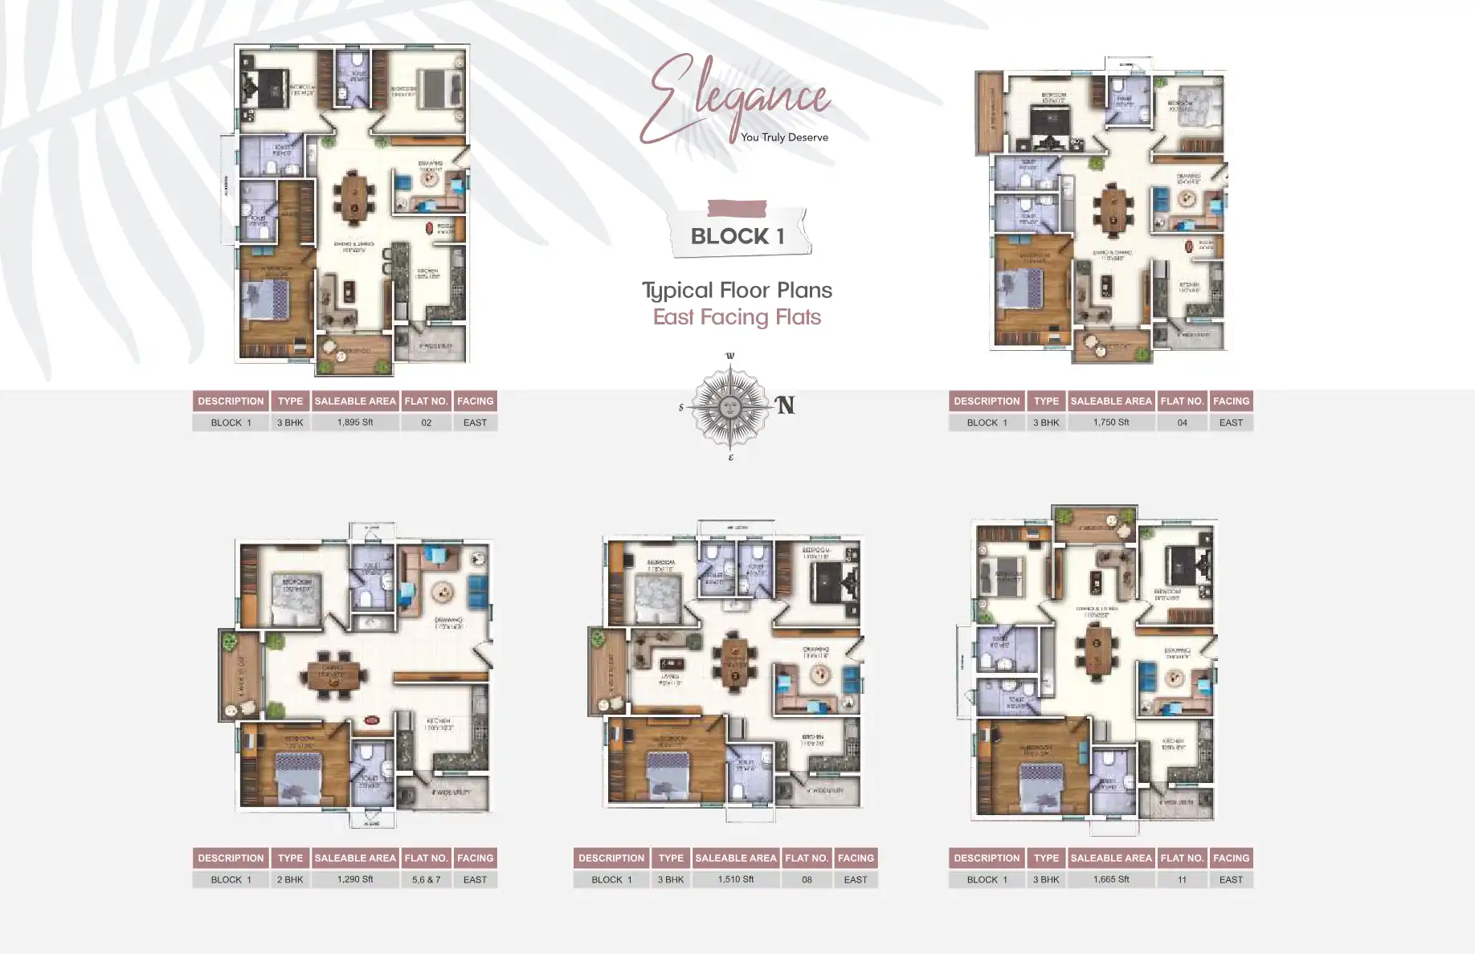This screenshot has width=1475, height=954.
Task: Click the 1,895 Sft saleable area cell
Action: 355,422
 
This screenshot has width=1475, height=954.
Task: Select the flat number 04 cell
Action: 1182,422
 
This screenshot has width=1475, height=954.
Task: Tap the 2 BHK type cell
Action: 290,879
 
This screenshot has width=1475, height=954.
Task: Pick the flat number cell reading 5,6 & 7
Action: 426,879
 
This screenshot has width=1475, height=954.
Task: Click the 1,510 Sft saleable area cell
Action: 736,879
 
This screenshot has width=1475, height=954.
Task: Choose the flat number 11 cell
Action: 1182,879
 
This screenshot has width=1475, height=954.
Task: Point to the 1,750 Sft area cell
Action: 1111,422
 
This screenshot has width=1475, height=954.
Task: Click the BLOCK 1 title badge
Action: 737,235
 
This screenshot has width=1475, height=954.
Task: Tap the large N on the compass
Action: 785,406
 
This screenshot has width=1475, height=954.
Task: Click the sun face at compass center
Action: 729,407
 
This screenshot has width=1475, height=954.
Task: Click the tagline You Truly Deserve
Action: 784,137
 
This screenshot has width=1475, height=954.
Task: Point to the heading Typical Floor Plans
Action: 737,290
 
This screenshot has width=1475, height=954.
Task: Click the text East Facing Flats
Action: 737,317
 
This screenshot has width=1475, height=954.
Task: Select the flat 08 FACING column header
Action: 856,858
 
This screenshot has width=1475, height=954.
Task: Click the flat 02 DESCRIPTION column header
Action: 231,401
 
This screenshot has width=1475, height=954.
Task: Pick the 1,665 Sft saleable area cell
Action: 1111,879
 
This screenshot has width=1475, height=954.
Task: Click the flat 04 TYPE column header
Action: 1046,401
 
